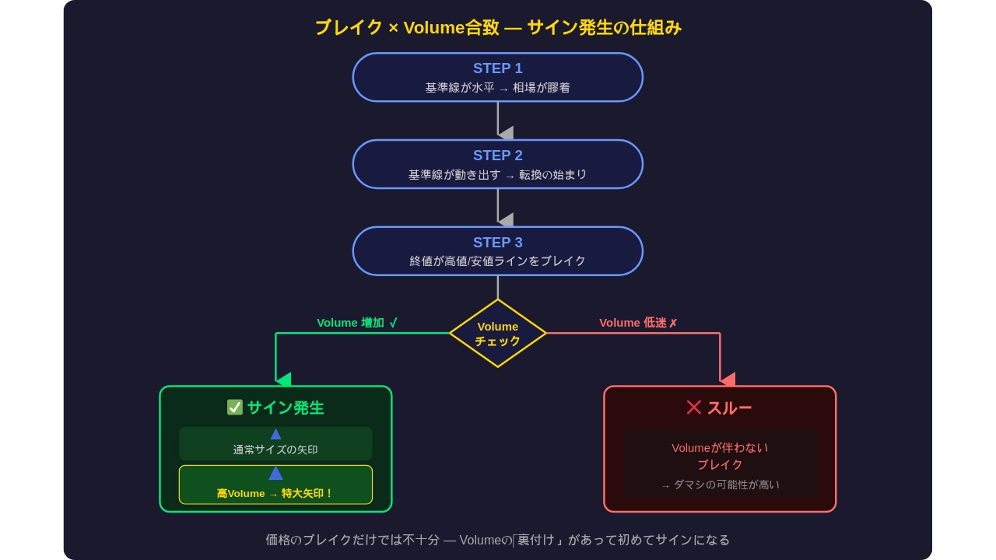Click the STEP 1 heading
[498, 68]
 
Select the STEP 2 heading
[498, 156]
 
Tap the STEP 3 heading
[498, 243]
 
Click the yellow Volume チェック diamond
[498, 333]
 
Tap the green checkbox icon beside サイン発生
[235, 408]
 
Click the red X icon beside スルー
[694, 408]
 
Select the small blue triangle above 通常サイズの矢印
[275, 434]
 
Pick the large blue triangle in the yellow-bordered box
[275, 473]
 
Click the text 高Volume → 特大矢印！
[275, 493]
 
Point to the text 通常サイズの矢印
[275, 450]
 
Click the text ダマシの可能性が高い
[721, 485]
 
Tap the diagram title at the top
[498, 28]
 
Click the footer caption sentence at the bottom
[498, 540]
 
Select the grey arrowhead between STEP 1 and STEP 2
[506, 133]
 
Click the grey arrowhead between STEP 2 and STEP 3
[506, 219]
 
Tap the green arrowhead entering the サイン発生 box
[283, 380]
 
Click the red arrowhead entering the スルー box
[728, 380]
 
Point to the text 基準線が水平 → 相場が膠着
[498, 88]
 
